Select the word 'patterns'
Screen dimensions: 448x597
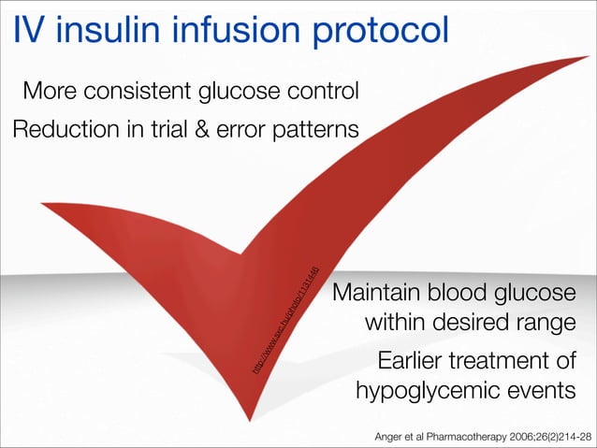312,130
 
